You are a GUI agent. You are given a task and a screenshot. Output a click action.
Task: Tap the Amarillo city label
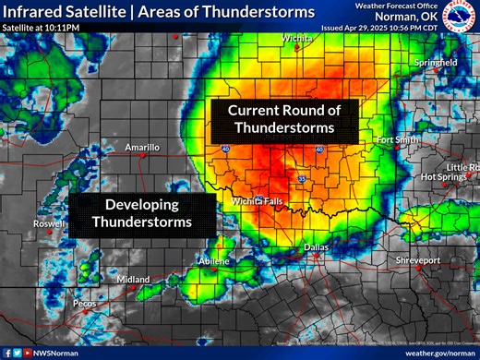point(142,147)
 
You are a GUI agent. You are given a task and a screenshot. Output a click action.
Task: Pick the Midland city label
point(133,280)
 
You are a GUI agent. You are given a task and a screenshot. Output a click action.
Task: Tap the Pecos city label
point(85,303)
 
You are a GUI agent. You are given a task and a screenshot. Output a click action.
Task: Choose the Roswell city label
point(49,224)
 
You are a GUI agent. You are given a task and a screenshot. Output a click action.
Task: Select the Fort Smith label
point(398,139)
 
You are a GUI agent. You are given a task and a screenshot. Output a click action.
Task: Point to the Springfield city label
point(435,62)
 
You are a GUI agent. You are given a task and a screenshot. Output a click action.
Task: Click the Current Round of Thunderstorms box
point(284,119)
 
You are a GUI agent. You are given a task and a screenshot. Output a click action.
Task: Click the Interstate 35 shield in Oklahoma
point(301,177)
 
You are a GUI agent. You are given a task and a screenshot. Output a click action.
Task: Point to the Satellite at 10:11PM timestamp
point(41,29)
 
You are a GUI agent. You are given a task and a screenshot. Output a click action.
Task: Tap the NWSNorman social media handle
point(57,352)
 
